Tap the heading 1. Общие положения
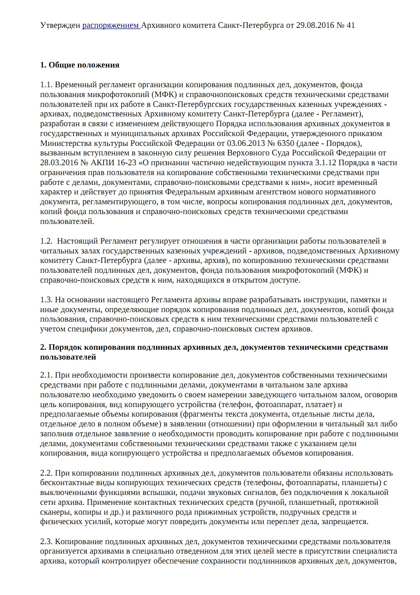point(80,65)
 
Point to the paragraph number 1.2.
point(46,242)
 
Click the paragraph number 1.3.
point(46,300)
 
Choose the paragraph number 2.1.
point(46,376)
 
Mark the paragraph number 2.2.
point(46,473)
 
